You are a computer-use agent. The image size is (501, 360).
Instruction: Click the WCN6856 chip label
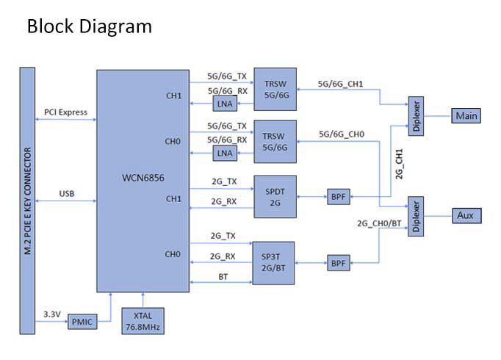point(144,178)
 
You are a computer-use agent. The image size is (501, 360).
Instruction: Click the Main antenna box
point(466,116)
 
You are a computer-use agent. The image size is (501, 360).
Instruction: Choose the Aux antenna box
point(464,215)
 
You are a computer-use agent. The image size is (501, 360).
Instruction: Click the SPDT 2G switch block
point(274,196)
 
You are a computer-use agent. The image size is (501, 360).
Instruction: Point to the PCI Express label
point(65,112)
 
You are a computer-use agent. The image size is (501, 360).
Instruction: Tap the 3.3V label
point(51,314)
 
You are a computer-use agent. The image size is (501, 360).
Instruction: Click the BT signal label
point(222,277)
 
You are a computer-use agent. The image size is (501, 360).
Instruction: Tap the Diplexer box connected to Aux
point(417,215)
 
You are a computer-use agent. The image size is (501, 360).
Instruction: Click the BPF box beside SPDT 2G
point(338,196)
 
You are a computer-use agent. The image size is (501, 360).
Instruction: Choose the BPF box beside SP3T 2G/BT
point(338,262)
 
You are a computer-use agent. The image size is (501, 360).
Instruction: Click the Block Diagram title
point(89,27)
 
